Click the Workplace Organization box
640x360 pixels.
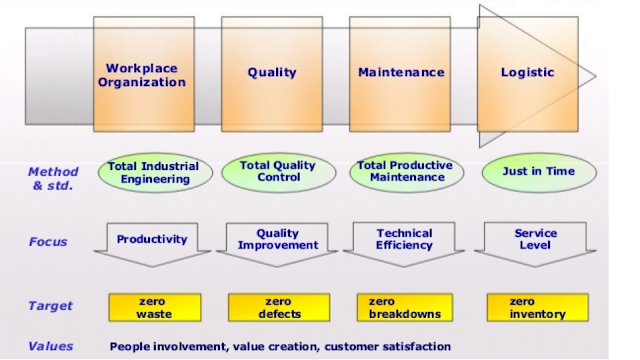pyautogui.click(x=144, y=74)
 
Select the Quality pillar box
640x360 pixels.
pyautogui.click(x=272, y=74)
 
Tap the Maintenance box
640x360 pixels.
pyautogui.click(x=400, y=74)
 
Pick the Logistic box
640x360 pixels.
pyautogui.click(x=528, y=74)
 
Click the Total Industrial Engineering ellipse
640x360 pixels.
pyautogui.click(x=155, y=173)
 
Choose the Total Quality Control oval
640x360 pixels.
pyautogui.click(x=279, y=172)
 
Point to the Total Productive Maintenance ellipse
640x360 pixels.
pyautogui.click(x=407, y=172)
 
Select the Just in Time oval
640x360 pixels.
pyautogui.click(x=539, y=172)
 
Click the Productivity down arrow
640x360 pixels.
pyautogui.click(x=152, y=244)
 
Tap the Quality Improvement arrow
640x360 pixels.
pyautogui.click(x=277, y=244)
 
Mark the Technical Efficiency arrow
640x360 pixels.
pyautogui.click(x=404, y=244)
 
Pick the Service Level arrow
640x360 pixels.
pyautogui.click(x=535, y=244)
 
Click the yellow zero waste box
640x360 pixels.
pyautogui.click(x=155, y=307)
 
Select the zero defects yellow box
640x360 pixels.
pyautogui.click(x=279, y=307)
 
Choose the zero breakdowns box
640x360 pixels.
pyautogui.click(x=405, y=307)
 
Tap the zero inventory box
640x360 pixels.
pyautogui.click(x=538, y=307)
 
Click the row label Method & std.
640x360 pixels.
pyautogui.click(x=53, y=179)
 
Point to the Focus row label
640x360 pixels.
pyautogui.click(x=48, y=242)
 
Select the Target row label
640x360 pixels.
pyautogui.click(x=50, y=306)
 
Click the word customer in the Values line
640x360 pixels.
pyautogui.click(x=351, y=347)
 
